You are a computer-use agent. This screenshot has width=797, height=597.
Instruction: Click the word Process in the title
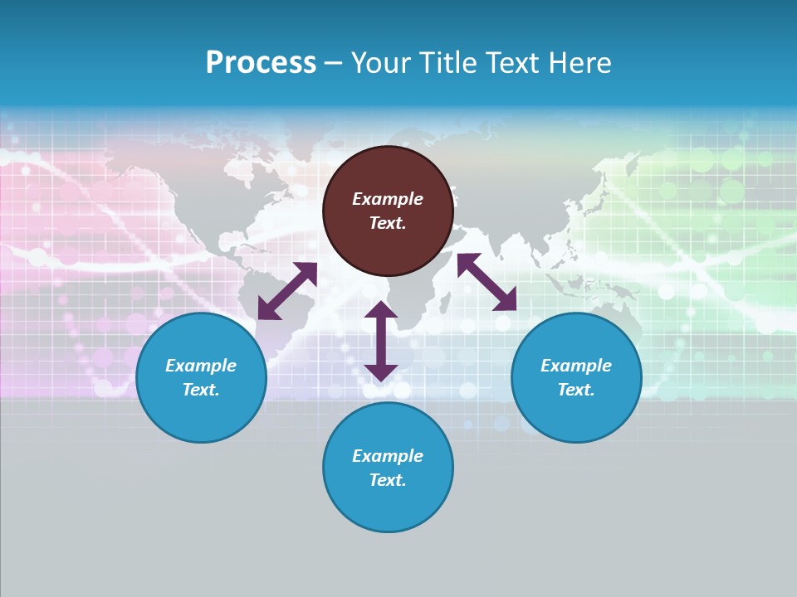click(261, 63)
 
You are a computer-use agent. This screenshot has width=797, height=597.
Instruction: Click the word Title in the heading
click(446, 63)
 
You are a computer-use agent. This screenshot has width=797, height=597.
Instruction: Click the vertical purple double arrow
click(381, 341)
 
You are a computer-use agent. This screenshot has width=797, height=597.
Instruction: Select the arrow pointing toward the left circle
click(287, 290)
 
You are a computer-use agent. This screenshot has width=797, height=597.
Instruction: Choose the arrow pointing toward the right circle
click(487, 282)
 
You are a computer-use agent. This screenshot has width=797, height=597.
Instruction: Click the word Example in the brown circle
click(388, 199)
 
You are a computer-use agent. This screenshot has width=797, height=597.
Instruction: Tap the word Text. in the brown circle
click(388, 223)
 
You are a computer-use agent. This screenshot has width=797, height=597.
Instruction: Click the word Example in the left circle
click(201, 366)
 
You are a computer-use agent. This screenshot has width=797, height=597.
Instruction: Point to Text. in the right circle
click(576, 390)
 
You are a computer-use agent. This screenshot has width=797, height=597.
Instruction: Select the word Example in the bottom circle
click(388, 456)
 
